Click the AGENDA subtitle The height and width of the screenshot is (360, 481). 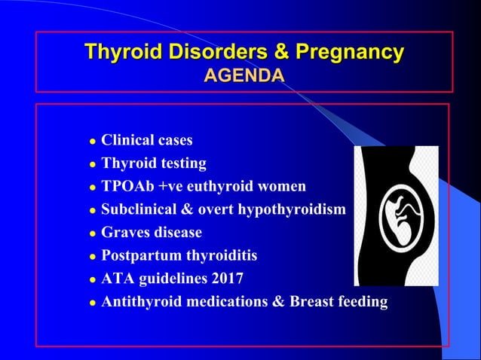[244, 75]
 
